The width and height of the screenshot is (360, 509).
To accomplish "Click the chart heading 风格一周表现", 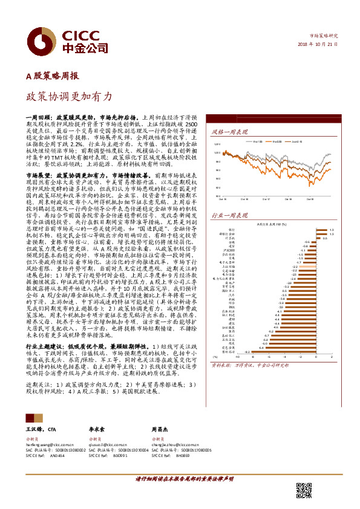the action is click(230, 131).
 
